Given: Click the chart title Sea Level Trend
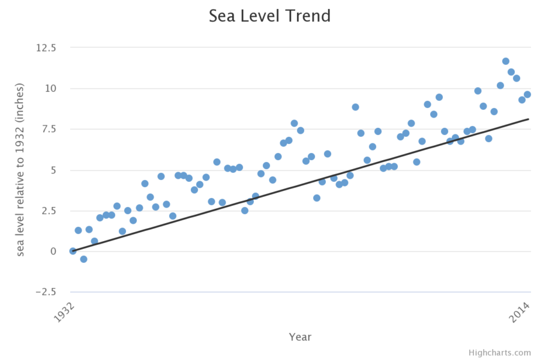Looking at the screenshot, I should pyautogui.click(x=269, y=16).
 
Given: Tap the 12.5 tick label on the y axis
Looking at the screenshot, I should pyautogui.click(x=46, y=48).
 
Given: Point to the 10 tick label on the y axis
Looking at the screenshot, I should pyautogui.click(x=51, y=89).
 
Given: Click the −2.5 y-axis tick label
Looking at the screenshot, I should pyautogui.click(x=46, y=292).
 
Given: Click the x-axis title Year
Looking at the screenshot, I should pyautogui.click(x=300, y=337).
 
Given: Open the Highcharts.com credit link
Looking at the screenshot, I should pyautogui.click(x=500, y=353).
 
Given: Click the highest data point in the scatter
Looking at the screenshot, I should pyautogui.click(x=506, y=61).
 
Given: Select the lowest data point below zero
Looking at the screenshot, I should pyautogui.click(x=83, y=259).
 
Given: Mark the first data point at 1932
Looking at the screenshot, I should pyautogui.click(x=73, y=251).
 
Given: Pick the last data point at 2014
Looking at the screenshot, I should pyautogui.click(x=527, y=94).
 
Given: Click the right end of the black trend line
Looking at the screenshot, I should pyautogui.click(x=528, y=119).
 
